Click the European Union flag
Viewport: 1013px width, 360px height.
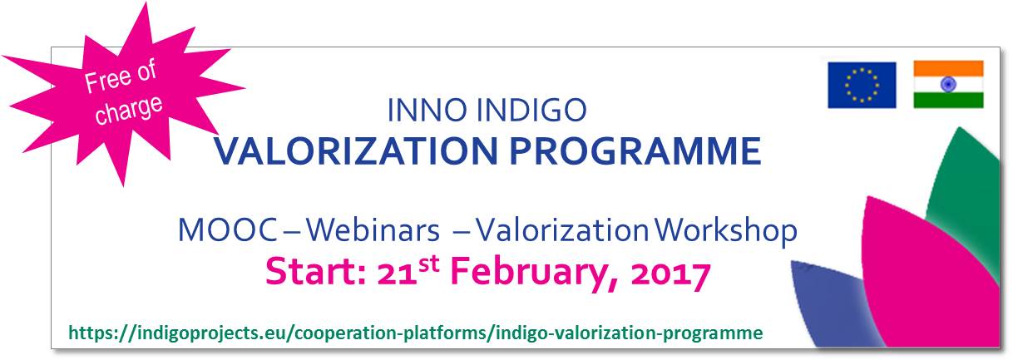[x=862, y=85]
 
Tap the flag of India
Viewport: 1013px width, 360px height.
[x=948, y=85]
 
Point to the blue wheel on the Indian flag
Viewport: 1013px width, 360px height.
[x=948, y=84]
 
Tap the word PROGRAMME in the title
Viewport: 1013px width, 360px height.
[x=635, y=150]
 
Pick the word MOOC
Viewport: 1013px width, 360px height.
[x=228, y=229]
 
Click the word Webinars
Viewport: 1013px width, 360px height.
[x=373, y=229]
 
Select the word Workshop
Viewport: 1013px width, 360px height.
[x=726, y=230]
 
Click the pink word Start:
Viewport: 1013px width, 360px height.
[x=316, y=271]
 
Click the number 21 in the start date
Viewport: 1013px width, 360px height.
[x=397, y=274]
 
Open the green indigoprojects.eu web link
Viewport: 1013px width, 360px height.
[x=416, y=333]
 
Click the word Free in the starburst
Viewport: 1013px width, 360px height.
[x=103, y=81]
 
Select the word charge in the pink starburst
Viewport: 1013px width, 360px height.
[x=129, y=110]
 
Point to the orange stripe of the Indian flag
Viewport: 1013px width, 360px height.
[x=948, y=68]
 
